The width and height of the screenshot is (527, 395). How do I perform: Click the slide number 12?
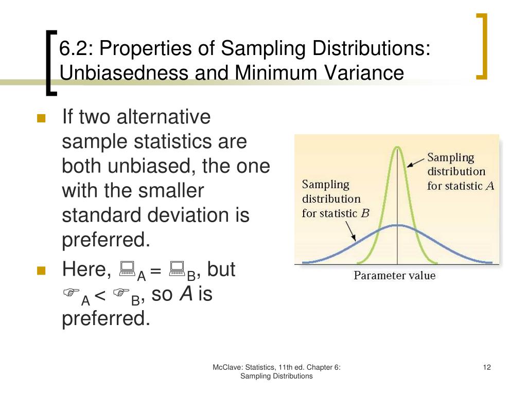tap(487, 367)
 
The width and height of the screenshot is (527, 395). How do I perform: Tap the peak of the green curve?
tap(397, 148)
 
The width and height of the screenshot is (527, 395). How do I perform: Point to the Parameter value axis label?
tap(394, 276)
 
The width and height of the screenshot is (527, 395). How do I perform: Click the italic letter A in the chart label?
tap(489, 186)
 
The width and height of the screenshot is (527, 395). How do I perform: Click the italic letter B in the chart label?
tap(365, 213)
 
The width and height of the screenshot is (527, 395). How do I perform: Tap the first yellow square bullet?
tap(42, 119)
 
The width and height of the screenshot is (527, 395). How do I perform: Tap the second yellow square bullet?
tap(42, 271)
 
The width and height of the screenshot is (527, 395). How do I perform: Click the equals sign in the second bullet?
tap(156, 270)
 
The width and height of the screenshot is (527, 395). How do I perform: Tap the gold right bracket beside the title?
tap(482, 47)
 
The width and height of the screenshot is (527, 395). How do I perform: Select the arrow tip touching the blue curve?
tap(354, 240)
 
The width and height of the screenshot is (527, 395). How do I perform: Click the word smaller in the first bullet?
tap(170, 191)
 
